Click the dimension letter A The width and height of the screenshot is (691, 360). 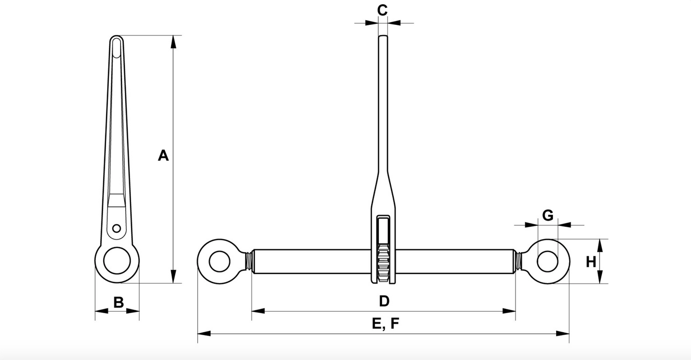(163, 155)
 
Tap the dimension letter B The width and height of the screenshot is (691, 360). (119, 303)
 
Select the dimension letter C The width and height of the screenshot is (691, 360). (382, 10)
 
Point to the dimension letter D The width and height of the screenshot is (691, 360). (384, 301)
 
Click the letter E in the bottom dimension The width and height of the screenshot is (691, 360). (376, 323)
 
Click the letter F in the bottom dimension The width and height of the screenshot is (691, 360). (395, 323)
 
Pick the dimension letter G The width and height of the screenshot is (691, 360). (548, 215)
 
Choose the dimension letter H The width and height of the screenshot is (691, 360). (591, 262)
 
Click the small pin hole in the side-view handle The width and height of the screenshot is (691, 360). (117, 229)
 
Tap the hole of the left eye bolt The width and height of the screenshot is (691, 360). (219, 262)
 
